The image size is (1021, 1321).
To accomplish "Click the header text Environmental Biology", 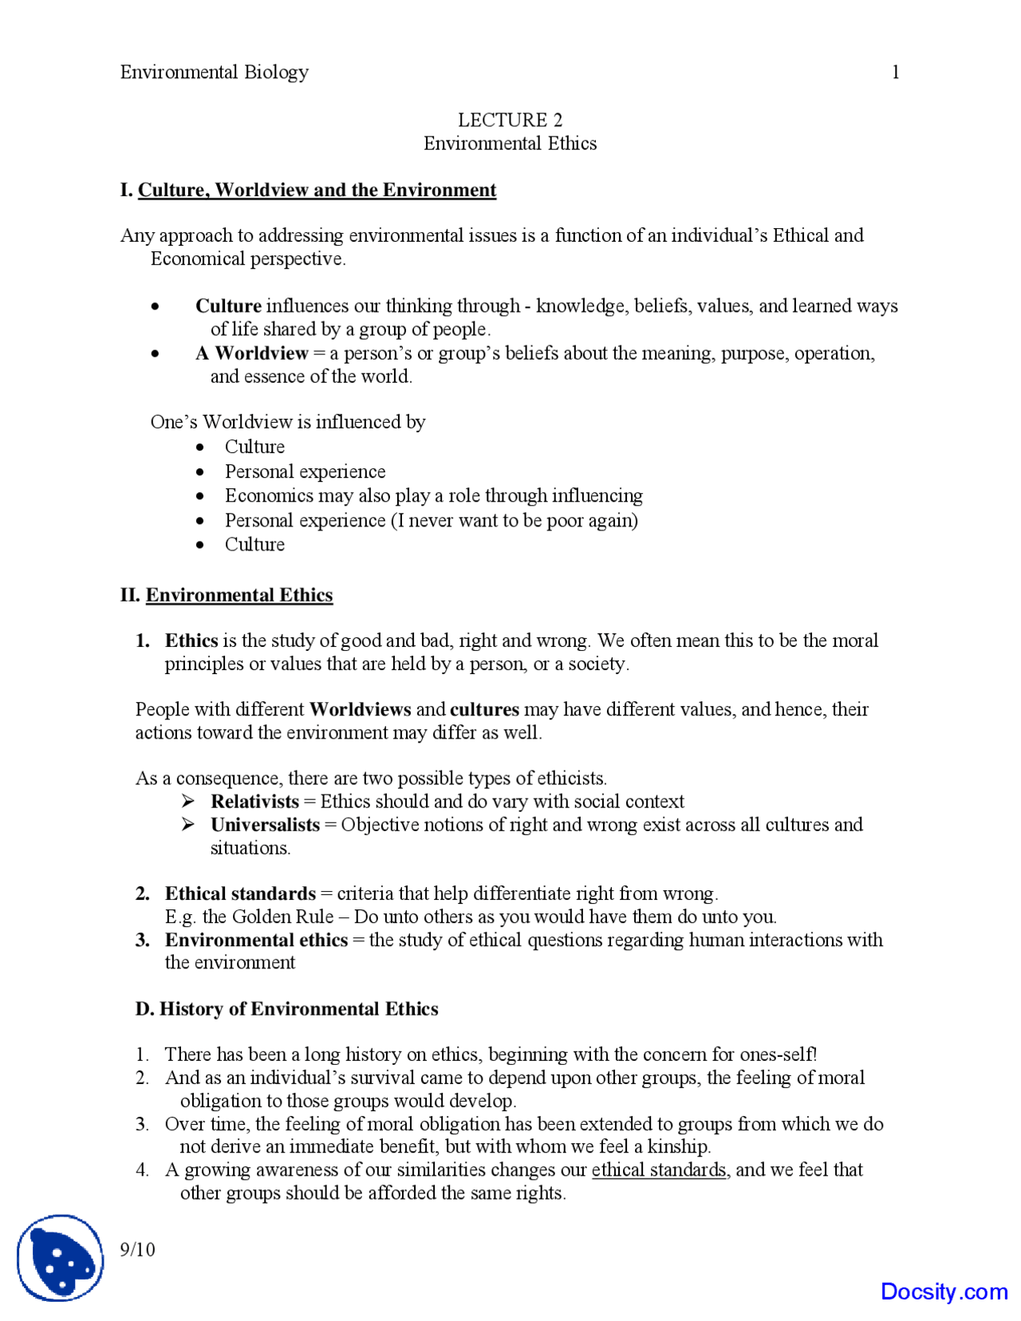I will click(214, 73).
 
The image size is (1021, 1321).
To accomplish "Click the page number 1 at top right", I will click(895, 73).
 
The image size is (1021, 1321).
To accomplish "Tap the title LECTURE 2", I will click(510, 120).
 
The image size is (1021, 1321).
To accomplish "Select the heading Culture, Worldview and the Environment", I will click(317, 191).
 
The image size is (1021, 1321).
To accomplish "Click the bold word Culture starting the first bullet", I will click(228, 306).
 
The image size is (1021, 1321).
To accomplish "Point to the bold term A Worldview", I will click(251, 353).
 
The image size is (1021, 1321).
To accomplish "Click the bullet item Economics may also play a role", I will click(433, 496).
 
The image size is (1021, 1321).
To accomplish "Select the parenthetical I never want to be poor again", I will click(514, 521).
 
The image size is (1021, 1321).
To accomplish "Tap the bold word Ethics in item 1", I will click(191, 641).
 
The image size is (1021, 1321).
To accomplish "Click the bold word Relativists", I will click(254, 802).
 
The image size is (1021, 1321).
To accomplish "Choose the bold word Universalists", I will click(265, 825).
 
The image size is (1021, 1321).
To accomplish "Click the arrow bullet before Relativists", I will click(188, 802).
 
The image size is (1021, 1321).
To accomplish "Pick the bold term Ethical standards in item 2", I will click(240, 893).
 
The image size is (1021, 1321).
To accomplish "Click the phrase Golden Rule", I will click(282, 917).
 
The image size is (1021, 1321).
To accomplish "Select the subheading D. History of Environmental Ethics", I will click(286, 1009).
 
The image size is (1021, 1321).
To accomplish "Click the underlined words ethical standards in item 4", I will click(659, 1170).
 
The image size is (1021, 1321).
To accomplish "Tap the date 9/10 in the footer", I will click(137, 1250).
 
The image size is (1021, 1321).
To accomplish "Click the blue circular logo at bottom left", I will click(61, 1258).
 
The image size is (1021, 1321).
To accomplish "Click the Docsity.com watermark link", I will click(944, 1291).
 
